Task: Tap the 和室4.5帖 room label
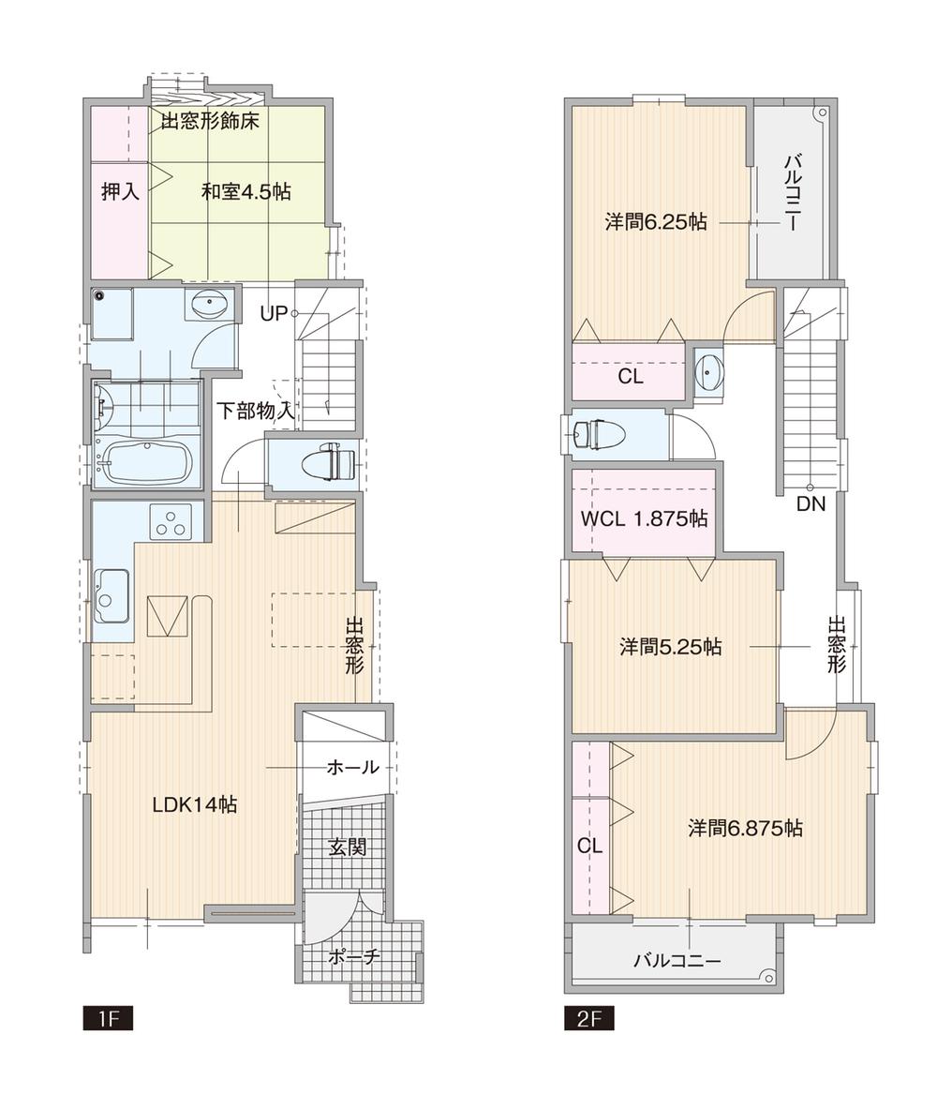pyautogui.click(x=245, y=192)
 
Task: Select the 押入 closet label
pyautogui.click(x=120, y=192)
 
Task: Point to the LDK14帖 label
pyautogui.click(x=194, y=803)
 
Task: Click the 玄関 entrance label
pyautogui.click(x=347, y=847)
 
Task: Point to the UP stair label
pyautogui.click(x=274, y=314)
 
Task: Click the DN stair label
pyautogui.click(x=811, y=503)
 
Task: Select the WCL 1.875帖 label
pyautogui.click(x=644, y=518)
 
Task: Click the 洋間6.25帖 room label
pyautogui.click(x=655, y=222)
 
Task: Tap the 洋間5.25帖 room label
pyautogui.click(x=670, y=647)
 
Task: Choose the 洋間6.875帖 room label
pyautogui.click(x=745, y=829)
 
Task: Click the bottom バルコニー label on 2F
pyautogui.click(x=677, y=961)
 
